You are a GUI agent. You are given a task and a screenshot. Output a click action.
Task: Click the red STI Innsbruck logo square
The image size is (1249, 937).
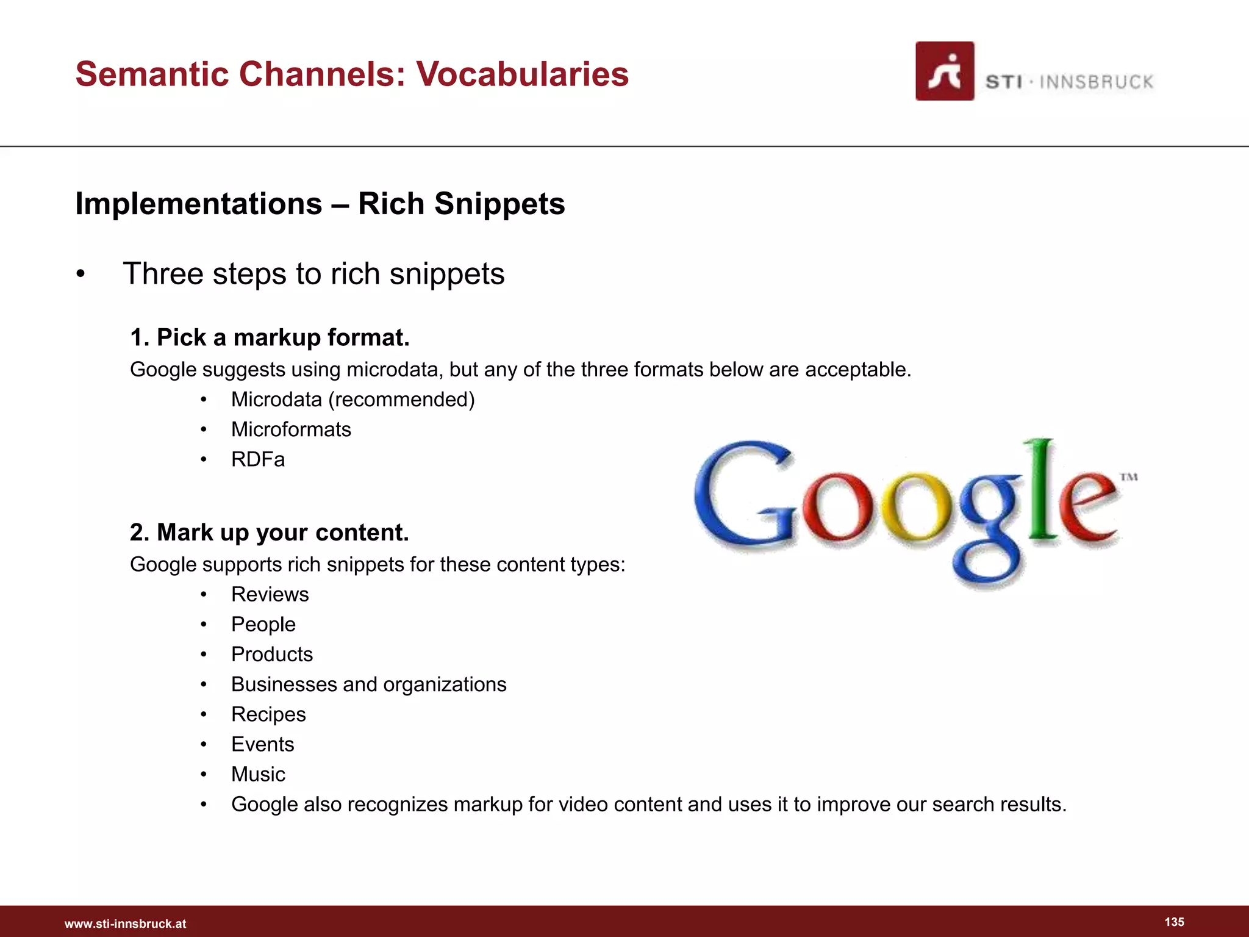pos(944,71)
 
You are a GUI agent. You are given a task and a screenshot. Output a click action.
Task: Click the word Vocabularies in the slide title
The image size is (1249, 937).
pos(522,74)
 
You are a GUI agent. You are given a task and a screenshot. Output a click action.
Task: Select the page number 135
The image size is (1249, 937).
pos(1174,922)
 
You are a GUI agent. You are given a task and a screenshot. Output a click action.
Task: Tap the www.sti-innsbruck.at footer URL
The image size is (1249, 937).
pos(125,924)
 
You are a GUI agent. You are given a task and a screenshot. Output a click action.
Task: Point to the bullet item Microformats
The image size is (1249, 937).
pos(291,429)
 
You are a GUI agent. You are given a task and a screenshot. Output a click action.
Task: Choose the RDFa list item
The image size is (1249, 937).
pos(257,459)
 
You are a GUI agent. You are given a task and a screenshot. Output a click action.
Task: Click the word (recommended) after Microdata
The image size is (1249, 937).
pos(401,400)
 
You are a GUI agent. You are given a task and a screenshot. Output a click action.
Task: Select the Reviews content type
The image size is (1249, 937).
pos(270,594)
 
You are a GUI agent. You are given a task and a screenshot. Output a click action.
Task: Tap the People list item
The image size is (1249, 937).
pos(263,625)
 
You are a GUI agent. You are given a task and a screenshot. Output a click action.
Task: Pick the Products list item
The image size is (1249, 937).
pos(271,655)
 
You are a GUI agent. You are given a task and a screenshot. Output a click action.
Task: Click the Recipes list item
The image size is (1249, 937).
pos(268,714)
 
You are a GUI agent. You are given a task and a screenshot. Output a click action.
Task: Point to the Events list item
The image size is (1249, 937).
pos(262,744)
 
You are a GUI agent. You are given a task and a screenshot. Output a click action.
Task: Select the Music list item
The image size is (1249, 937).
pos(258,774)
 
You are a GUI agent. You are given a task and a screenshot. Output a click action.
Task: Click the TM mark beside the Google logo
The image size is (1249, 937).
pos(1129,477)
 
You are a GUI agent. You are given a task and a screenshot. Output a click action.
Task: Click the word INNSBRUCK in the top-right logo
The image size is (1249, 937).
pos(1096,82)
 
